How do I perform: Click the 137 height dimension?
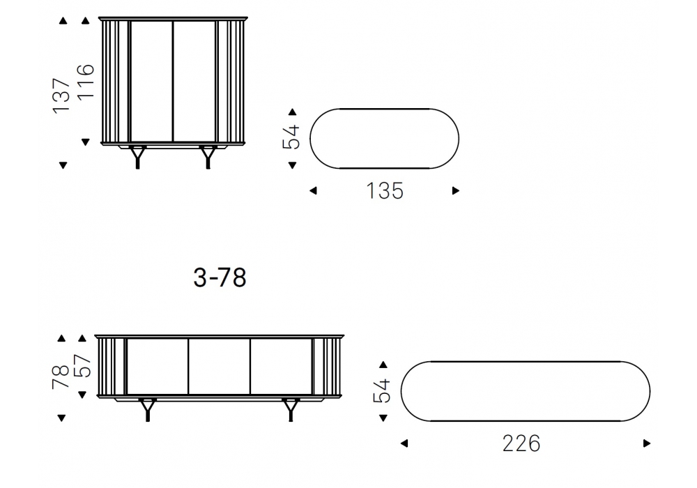point(61,96)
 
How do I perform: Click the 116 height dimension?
point(85,82)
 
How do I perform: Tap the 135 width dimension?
point(385,191)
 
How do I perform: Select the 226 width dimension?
point(521,443)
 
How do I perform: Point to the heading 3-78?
point(220,277)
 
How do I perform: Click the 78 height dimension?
point(61,377)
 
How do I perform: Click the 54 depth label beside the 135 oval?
point(291,137)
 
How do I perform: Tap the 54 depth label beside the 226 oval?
point(382,390)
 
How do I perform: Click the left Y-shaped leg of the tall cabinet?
point(137,157)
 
